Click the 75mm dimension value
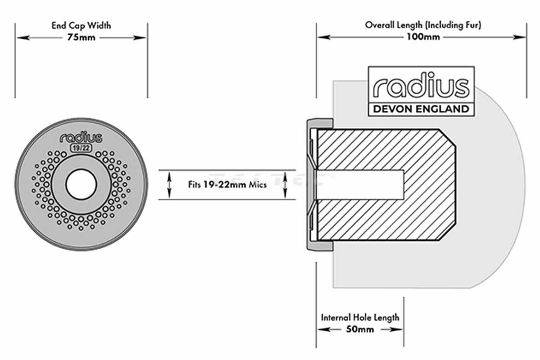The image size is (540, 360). [81, 37]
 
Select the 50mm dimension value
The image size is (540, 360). [360, 329]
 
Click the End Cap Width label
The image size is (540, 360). [81, 26]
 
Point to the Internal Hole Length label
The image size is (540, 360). [360, 317]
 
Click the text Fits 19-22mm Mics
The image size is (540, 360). [227, 184]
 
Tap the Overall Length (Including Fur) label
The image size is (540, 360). [423, 25]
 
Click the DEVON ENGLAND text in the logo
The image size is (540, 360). [421, 109]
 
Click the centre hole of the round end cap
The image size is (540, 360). [81, 184]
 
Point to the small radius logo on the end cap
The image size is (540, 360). [81, 137]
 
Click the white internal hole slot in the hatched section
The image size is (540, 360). [360, 184]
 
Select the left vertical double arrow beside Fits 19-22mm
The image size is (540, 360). [169, 184]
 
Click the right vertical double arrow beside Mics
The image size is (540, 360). [285, 184]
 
